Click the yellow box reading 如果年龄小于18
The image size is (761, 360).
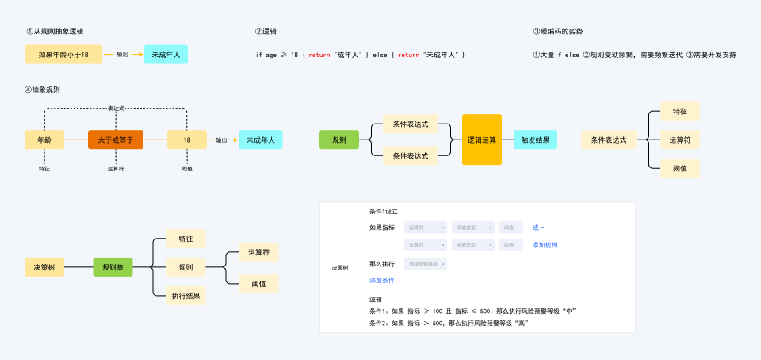[63, 55]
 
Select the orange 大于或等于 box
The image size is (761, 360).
[116, 140]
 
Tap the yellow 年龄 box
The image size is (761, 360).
[44, 140]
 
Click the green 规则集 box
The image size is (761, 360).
[112, 268]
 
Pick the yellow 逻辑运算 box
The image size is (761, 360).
[482, 140]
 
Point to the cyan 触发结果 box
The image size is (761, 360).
[535, 140]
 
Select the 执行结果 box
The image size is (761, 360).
[186, 296]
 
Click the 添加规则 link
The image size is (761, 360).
[545, 245]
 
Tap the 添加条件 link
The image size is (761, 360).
[382, 280]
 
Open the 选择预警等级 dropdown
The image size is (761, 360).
[426, 263]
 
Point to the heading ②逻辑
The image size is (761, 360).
[266, 32]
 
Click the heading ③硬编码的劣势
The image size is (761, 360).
[558, 32]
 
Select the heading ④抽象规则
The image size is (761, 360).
[42, 90]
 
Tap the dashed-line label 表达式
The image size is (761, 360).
[116, 108]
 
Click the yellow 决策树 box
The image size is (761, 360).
[44, 268]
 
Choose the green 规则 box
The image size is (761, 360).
[339, 140]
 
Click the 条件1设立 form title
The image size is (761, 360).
[384, 212]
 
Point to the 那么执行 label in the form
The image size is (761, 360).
[382, 263]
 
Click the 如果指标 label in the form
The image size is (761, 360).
[382, 228]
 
